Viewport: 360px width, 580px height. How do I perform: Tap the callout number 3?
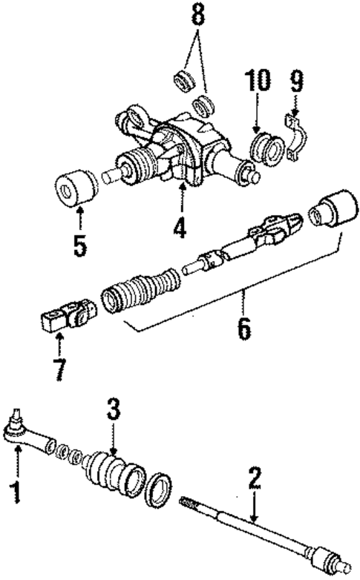click(112, 408)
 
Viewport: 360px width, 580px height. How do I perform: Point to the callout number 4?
click(180, 226)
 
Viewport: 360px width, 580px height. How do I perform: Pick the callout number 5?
click(79, 244)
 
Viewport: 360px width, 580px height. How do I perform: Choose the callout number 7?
click(59, 369)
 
